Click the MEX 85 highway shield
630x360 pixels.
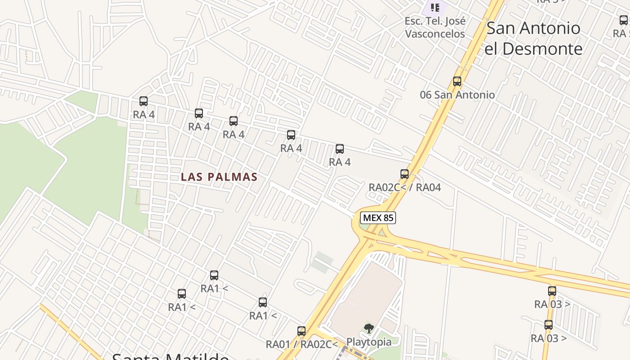[x=378, y=218]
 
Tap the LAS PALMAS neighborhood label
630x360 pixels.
[x=219, y=177]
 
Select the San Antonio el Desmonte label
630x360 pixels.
[x=533, y=38]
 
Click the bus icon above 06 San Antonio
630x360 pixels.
[x=457, y=81]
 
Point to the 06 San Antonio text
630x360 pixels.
[x=457, y=95]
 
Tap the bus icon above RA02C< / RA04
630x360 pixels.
[x=405, y=174]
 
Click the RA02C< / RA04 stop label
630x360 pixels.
[x=405, y=187]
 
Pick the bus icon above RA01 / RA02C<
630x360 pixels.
[x=301, y=331]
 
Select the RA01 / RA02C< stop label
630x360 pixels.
[x=301, y=344]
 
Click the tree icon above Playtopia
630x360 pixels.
[x=369, y=328]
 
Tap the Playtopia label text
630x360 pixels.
[x=369, y=342]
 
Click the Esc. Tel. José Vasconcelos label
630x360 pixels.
[x=435, y=27]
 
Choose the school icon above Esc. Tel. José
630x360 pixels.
[x=435, y=7]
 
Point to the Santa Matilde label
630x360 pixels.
[x=170, y=356]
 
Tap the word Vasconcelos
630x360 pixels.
[x=435, y=34]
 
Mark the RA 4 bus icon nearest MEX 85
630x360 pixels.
[x=340, y=149]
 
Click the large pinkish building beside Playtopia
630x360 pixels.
[x=367, y=292]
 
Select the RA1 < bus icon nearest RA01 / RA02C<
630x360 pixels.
[x=263, y=302]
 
